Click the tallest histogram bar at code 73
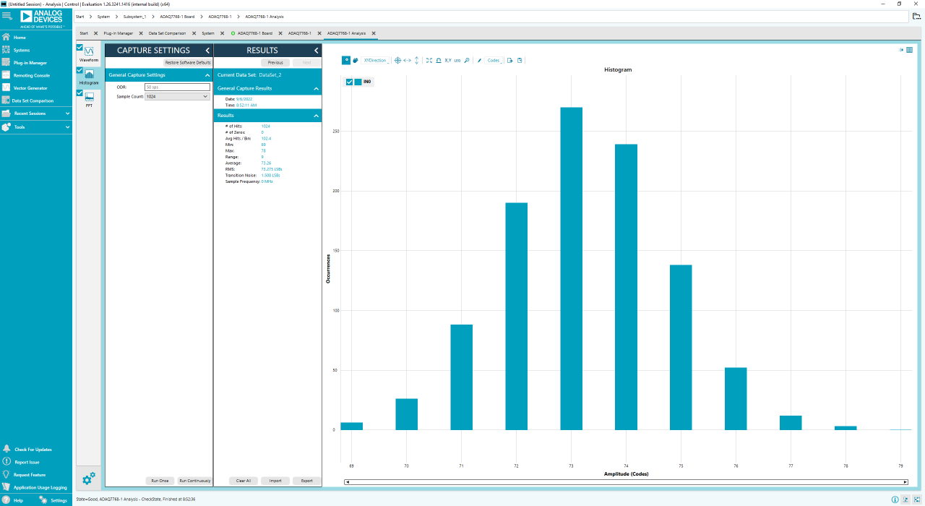[571, 268]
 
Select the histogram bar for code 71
[461, 377]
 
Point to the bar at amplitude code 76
[736, 398]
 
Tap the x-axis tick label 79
[900, 466]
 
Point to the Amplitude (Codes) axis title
[626, 474]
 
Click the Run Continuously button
[195, 481]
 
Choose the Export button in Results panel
[307, 481]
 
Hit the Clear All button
[244, 481]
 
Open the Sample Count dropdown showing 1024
[177, 96]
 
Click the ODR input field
[177, 87]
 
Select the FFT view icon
[89, 98]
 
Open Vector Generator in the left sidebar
[30, 88]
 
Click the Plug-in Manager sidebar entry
[30, 63]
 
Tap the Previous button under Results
[275, 63]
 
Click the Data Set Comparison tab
[167, 33]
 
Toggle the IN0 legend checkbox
[349, 82]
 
